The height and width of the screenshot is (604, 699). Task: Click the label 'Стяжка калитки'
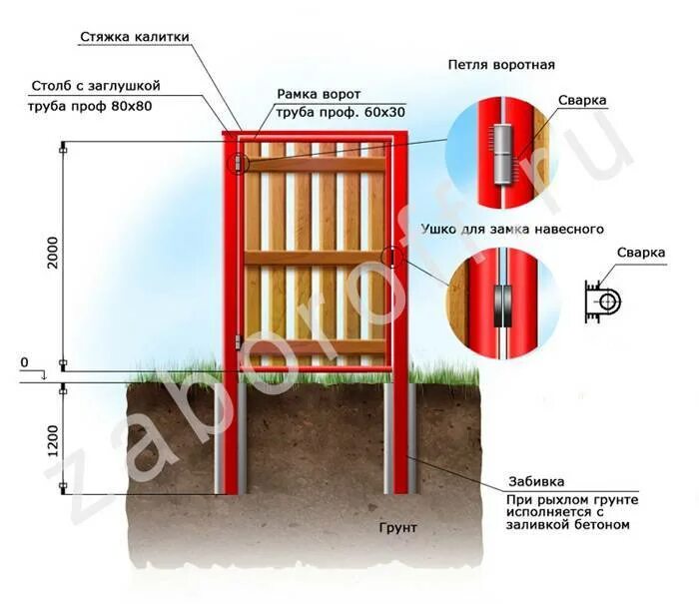pyautogui.click(x=133, y=37)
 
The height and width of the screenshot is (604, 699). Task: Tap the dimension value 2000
pyautogui.click(x=52, y=254)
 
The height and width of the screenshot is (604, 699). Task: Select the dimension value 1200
pyautogui.click(x=52, y=439)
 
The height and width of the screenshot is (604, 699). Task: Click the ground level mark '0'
pyautogui.click(x=25, y=361)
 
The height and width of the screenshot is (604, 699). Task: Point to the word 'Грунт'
pyautogui.click(x=397, y=526)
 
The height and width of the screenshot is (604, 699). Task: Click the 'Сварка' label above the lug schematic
pyautogui.click(x=640, y=253)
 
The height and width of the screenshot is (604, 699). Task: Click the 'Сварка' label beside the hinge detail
pyautogui.click(x=582, y=102)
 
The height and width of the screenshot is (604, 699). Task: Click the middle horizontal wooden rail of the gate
pyautogui.click(x=315, y=258)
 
